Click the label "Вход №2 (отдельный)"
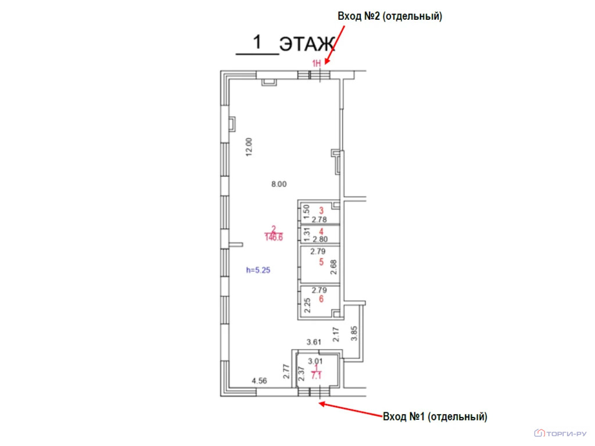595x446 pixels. click(x=390, y=16)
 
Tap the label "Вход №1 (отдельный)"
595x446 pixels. click(x=435, y=416)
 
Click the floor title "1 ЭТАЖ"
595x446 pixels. click(x=285, y=43)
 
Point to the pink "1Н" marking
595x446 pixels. click(x=317, y=63)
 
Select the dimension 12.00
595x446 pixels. click(x=249, y=147)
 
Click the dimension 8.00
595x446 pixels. click(x=279, y=184)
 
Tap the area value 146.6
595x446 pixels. click(x=274, y=238)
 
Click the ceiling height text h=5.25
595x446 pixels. click(x=258, y=270)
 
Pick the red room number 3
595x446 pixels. click(x=321, y=210)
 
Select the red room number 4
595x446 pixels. click(x=321, y=231)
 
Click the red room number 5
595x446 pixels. click(x=321, y=262)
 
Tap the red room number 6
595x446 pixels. click(x=321, y=299)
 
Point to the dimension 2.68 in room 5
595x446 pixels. click(x=334, y=267)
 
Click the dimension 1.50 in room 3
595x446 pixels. click(x=307, y=213)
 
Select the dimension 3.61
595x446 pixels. click(x=314, y=342)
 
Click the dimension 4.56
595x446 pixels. click(x=260, y=381)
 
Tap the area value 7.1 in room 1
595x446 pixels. click(x=316, y=376)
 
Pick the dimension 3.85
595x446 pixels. click(x=354, y=334)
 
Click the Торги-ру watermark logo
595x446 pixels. click(x=561, y=433)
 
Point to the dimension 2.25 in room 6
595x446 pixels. click(x=307, y=305)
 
